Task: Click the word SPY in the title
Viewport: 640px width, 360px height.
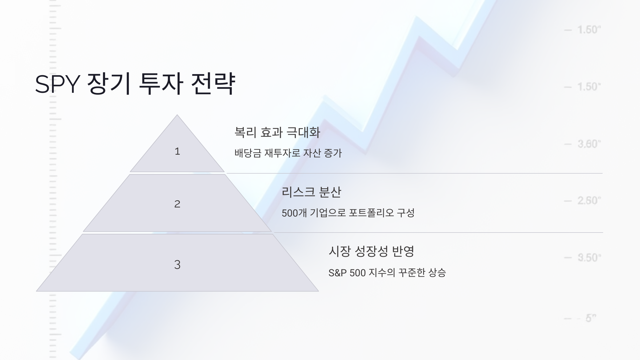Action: [x=57, y=84]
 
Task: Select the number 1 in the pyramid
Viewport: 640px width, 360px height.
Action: [x=177, y=151]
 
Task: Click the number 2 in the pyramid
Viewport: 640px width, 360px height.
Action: [x=177, y=204]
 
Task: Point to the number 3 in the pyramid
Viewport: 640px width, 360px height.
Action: [x=177, y=265]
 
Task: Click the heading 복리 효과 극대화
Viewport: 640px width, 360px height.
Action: [x=277, y=133]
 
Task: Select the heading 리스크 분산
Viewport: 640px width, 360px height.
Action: [x=311, y=192]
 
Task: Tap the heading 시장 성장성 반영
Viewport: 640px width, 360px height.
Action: [x=371, y=251]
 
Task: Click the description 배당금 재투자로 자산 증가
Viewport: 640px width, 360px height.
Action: [x=288, y=153]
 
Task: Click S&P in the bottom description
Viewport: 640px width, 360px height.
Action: [x=337, y=273]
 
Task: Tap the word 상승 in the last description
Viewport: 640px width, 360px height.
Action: [x=437, y=273]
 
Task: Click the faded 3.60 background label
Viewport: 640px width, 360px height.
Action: [x=589, y=144]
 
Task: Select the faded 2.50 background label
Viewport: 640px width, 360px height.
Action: [x=589, y=201]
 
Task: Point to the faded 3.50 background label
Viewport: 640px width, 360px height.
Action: [x=589, y=258]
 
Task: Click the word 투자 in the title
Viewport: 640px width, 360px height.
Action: [x=161, y=84]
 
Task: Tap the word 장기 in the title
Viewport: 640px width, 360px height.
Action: [x=109, y=84]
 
